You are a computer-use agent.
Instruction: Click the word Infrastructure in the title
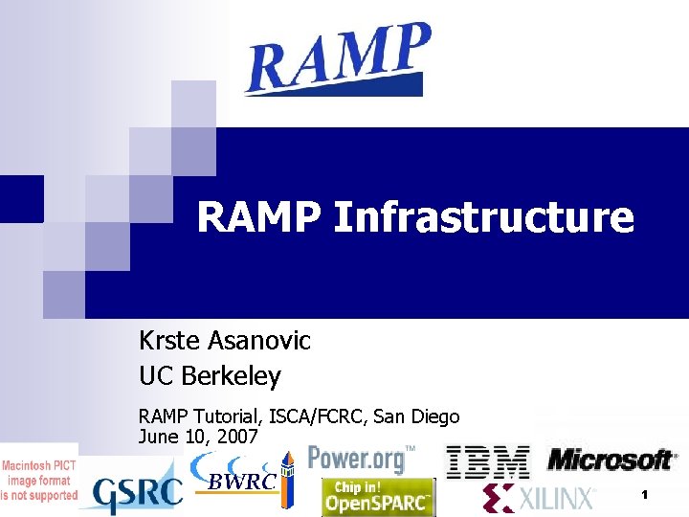483,218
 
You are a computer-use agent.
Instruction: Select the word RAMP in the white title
260,218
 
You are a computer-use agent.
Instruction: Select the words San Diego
416,417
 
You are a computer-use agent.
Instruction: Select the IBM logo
488,461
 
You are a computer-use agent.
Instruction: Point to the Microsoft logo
610,461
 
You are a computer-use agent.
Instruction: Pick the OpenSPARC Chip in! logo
377,497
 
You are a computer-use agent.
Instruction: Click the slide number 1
645,495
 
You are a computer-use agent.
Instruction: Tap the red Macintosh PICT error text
38,475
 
